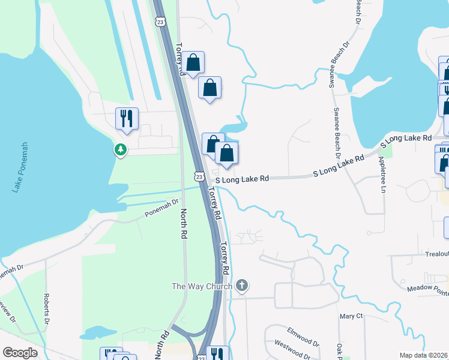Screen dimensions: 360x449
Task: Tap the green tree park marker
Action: tap(121, 149)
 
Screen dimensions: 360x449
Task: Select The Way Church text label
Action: tap(202, 286)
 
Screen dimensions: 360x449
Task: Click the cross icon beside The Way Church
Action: tap(242, 286)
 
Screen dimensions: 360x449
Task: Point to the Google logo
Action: tap(20, 353)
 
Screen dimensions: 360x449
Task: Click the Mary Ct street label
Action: tap(351, 316)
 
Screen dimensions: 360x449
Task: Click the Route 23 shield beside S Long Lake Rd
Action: tap(199, 176)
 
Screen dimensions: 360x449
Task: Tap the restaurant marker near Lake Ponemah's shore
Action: tap(127, 118)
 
